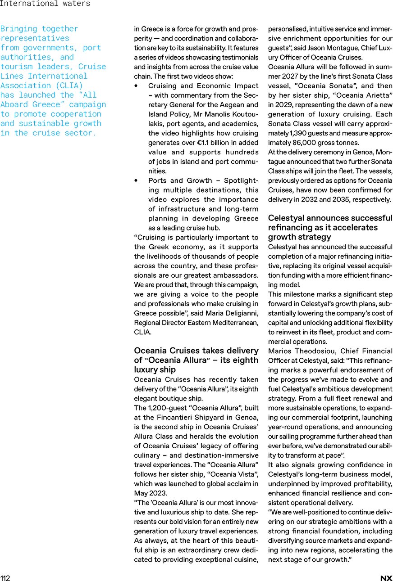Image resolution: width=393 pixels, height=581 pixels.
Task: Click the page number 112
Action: (x=5, y=578)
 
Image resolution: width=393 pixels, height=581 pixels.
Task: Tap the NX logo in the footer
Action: (x=386, y=578)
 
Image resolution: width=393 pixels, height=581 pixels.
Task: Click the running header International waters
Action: (x=45, y=4)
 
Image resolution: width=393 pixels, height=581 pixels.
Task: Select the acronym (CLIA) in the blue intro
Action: (x=67, y=86)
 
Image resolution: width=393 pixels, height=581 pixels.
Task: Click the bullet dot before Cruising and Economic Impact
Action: (x=136, y=86)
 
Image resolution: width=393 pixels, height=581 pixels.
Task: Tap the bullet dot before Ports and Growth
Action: (x=136, y=180)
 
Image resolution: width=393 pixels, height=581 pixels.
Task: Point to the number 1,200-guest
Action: (x=156, y=408)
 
